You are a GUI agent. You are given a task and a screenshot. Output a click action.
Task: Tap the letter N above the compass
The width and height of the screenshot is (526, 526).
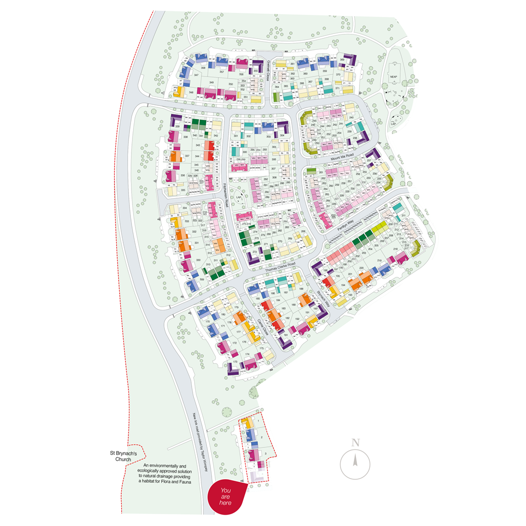[355, 442]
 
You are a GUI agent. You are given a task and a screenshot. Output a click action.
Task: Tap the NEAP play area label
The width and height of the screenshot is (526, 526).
[393, 77]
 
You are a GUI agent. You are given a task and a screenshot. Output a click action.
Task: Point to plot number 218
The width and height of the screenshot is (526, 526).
[396, 249]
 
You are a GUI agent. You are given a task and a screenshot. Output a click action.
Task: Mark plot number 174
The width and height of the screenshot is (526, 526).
[247, 354]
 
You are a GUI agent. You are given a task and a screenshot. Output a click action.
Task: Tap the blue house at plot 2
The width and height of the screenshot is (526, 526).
[250, 436]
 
